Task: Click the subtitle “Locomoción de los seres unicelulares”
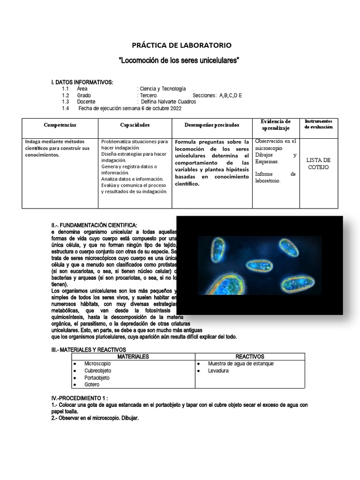pyautogui.click(x=180, y=61)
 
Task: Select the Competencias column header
pyautogui.click(x=60, y=126)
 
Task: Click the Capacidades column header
pyautogui.click(x=135, y=126)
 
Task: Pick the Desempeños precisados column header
pyautogui.click(x=211, y=126)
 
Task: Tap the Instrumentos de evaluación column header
pyautogui.click(x=318, y=124)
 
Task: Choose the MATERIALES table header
pyautogui.click(x=133, y=357)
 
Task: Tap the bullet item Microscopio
pyautogui.click(x=97, y=364)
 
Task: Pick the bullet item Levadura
pyautogui.click(x=218, y=371)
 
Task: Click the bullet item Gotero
pyautogui.click(x=92, y=385)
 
